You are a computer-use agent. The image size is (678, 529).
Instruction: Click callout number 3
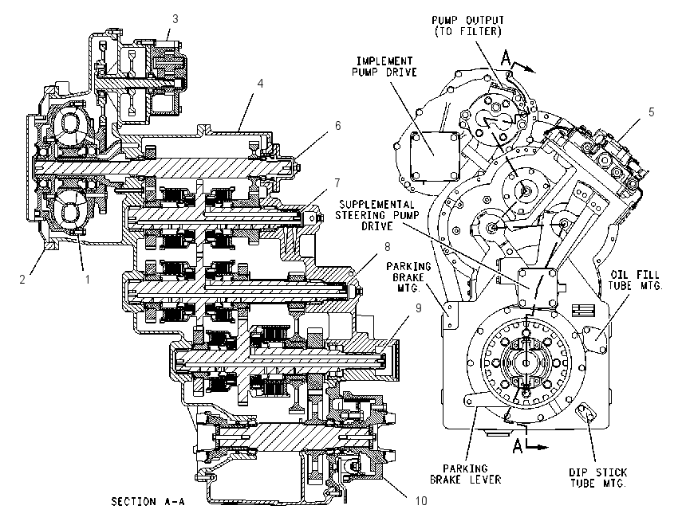[x=175, y=19]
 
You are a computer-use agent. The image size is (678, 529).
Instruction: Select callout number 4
[x=260, y=83]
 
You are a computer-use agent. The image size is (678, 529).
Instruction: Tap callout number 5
[x=652, y=112]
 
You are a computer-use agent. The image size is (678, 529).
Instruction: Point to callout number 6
[x=337, y=125]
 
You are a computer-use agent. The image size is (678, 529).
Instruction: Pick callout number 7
[x=337, y=182]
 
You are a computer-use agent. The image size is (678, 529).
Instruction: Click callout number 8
[x=388, y=246]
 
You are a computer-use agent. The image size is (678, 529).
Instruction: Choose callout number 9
[x=419, y=308]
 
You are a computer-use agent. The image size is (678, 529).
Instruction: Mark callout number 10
[x=421, y=500]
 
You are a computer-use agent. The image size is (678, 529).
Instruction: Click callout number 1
[x=88, y=279]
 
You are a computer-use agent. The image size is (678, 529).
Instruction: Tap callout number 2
[x=22, y=279]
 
